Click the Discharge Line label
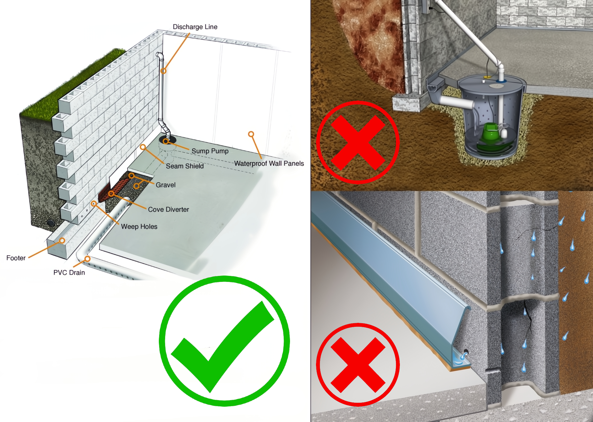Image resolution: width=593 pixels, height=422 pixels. pyautogui.click(x=195, y=27)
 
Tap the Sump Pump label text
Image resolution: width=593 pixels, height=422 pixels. pyautogui.click(x=210, y=151)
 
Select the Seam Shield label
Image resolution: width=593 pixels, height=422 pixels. pyautogui.click(x=185, y=166)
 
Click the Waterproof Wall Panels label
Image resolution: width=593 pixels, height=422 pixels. pyautogui.click(x=269, y=163)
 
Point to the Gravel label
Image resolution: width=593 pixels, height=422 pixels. pyautogui.click(x=165, y=185)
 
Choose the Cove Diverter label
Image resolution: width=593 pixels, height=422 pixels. pyautogui.click(x=168, y=210)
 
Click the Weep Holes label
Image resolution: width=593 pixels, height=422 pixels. pyautogui.click(x=139, y=227)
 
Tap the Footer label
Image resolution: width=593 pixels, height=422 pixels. pyautogui.click(x=16, y=258)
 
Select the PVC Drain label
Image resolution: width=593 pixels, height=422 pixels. pyautogui.click(x=69, y=273)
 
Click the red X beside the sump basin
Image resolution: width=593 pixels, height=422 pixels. pyautogui.click(x=358, y=142)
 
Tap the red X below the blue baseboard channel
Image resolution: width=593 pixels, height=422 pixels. pyautogui.click(x=358, y=364)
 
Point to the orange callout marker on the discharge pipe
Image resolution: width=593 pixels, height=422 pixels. pyautogui.click(x=163, y=71)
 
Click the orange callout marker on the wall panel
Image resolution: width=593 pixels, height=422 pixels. pyautogui.click(x=251, y=134)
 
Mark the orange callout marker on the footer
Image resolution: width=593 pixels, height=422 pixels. pyautogui.click(x=62, y=241)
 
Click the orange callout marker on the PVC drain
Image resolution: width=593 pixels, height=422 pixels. pyautogui.click(x=87, y=259)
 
